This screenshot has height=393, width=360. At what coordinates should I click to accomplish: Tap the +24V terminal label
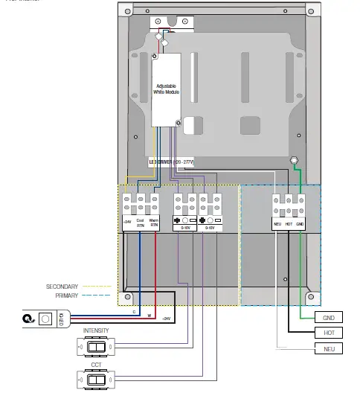click(126, 222)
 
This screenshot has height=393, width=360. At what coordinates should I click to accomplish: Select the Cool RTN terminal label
click(140, 222)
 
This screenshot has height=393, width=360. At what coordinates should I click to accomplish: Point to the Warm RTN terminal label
click(154, 222)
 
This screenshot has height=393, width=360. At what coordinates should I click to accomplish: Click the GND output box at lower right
click(327, 317)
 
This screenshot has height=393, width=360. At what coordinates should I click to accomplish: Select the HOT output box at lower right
click(327, 333)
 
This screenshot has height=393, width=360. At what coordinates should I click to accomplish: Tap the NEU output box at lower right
click(327, 348)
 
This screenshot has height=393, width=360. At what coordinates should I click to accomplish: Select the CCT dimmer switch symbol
click(94, 379)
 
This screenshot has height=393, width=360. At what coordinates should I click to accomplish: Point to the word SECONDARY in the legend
click(62, 286)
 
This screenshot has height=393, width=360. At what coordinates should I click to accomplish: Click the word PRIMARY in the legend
click(66, 295)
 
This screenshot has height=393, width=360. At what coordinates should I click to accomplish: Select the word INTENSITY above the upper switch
click(96, 330)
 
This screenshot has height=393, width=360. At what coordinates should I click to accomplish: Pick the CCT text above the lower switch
click(96, 364)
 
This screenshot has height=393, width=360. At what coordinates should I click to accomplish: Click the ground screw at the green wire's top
click(295, 161)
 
